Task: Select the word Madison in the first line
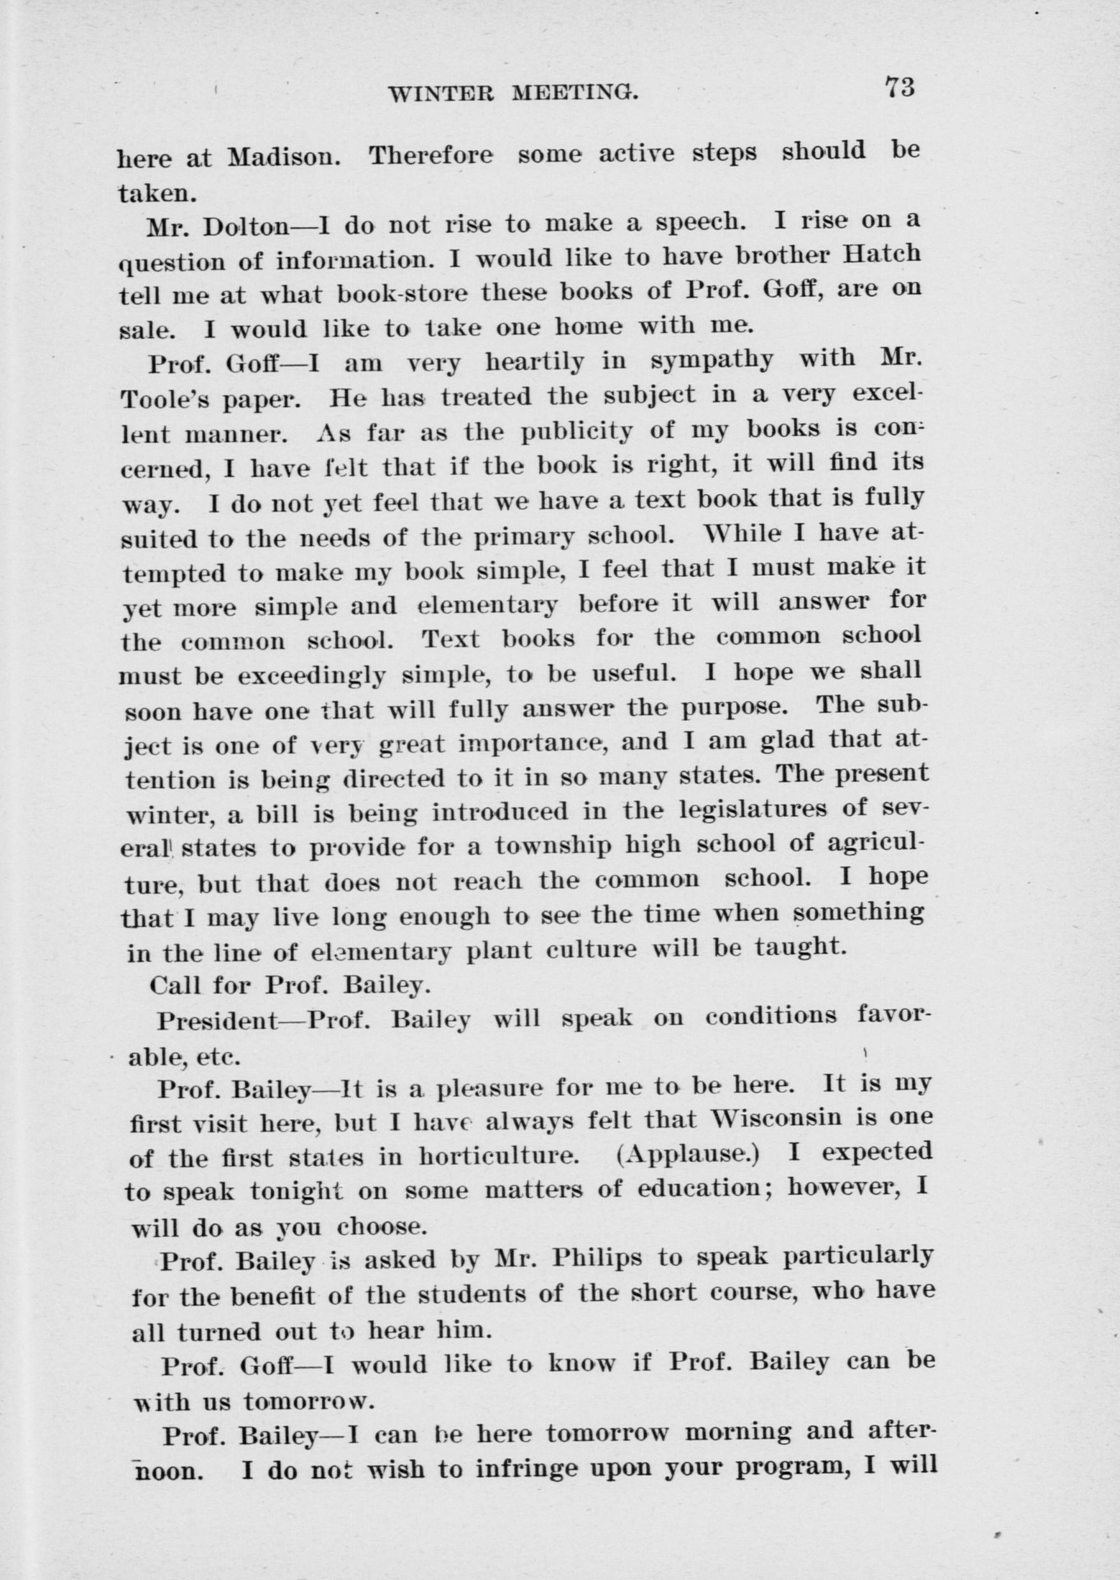(284, 157)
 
